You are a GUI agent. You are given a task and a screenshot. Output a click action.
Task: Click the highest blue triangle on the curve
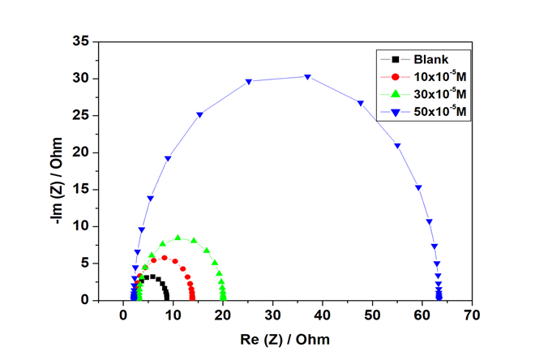tap(307, 77)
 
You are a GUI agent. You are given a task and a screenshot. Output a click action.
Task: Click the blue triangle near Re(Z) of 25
tap(248, 81)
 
